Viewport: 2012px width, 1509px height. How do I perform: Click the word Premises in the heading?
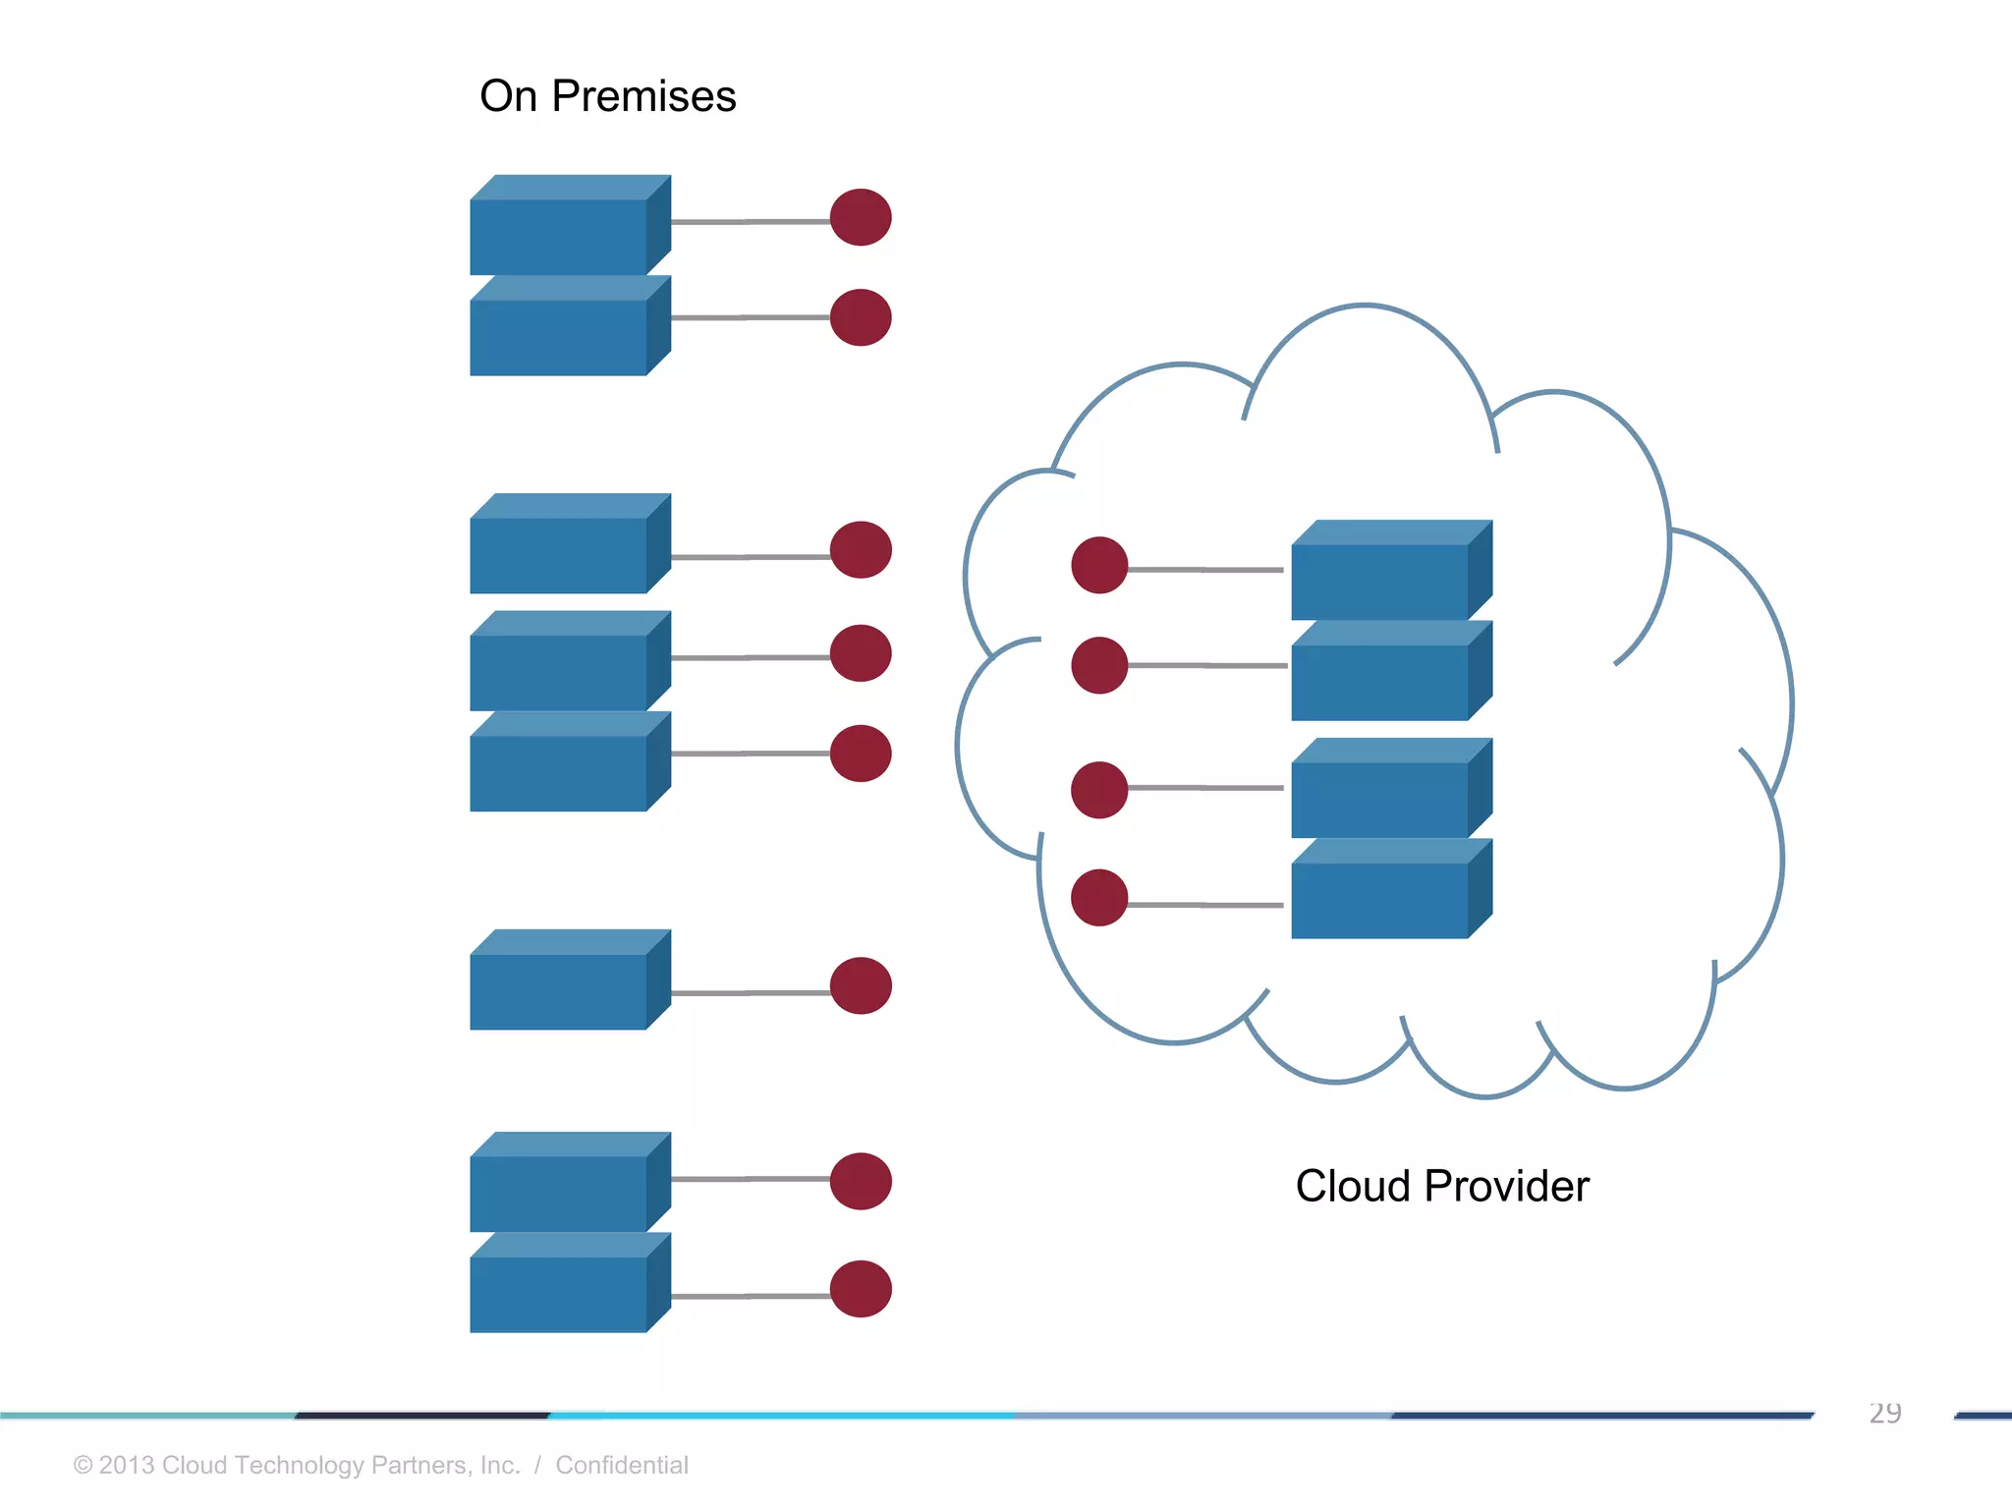coord(643,97)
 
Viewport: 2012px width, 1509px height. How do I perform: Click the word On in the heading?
coord(508,97)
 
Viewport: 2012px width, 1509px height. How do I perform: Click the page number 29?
coord(1884,1413)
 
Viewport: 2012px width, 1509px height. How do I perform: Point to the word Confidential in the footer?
coord(621,1465)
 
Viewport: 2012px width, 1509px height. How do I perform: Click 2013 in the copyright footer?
coord(127,1465)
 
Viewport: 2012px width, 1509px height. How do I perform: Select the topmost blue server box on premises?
coord(558,236)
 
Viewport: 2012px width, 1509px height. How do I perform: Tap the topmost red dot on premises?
coord(861,217)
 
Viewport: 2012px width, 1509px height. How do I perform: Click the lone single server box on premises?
coord(558,990)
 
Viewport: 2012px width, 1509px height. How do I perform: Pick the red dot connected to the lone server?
coord(861,985)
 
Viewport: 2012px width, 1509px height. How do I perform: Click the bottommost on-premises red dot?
coord(861,1289)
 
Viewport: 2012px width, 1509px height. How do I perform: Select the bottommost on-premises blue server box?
coord(558,1293)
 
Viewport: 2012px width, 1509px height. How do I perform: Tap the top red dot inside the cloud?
coord(1099,565)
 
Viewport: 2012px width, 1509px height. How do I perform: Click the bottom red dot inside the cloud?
coord(1099,897)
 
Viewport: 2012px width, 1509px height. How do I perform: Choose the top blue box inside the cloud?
coord(1379,581)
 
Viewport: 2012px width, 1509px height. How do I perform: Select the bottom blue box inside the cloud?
coord(1379,899)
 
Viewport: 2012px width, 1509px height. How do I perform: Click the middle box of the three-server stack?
coord(558,672)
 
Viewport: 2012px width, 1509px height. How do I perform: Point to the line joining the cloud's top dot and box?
coord(1206,569)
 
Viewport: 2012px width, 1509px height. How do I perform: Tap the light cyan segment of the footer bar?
coord(781,1416)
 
